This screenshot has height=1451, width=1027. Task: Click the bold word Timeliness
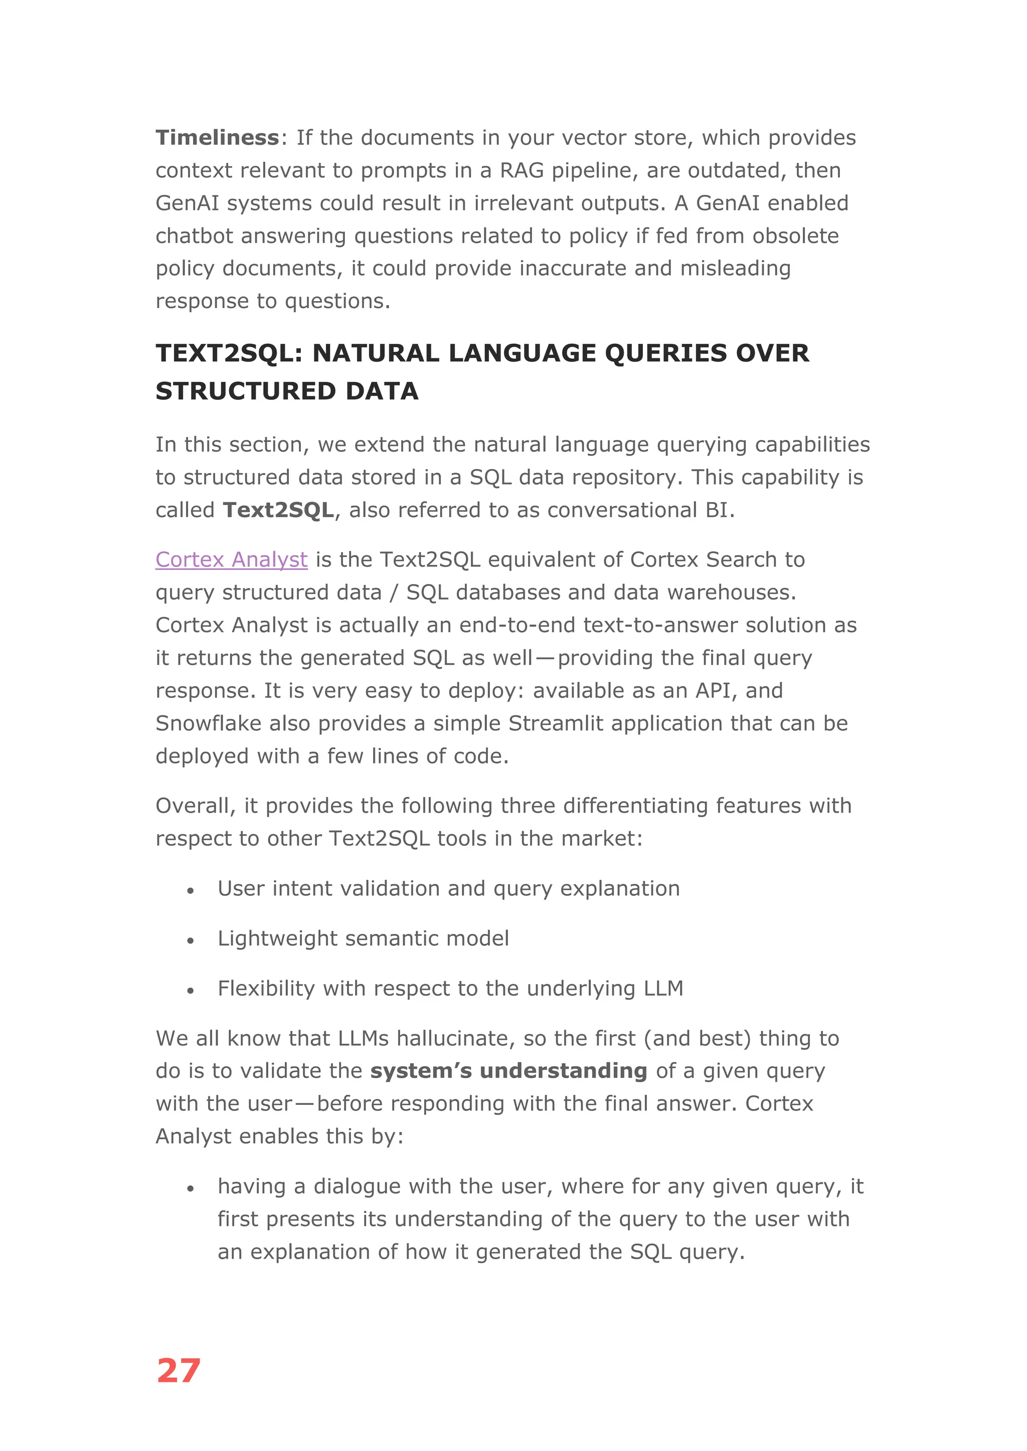pos(217,138)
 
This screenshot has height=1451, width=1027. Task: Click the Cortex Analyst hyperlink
pos(232,560)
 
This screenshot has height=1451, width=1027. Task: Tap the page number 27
pos(179,1371)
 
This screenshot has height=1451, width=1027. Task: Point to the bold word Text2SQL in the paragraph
pos(278,510)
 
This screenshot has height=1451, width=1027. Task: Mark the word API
pos(716,691)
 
